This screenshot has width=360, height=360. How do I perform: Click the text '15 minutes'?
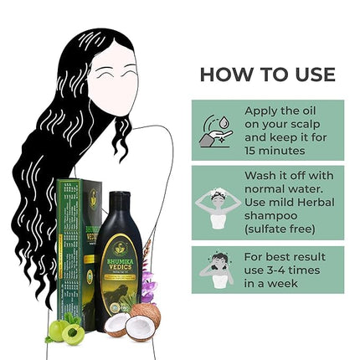(277, 152)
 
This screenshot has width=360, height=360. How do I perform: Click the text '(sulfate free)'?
(280, 229)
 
